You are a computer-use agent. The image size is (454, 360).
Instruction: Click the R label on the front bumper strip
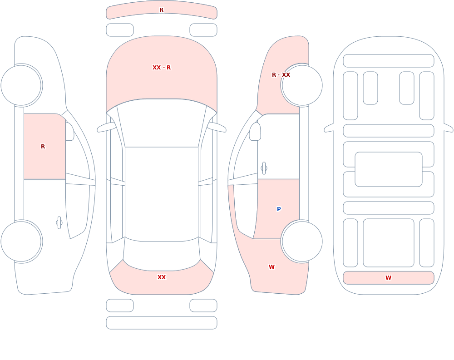(x=161, y=10)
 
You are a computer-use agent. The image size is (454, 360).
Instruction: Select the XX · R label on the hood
(x=162, y=68)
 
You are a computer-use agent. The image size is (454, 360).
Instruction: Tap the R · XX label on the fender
(x=281, y=75)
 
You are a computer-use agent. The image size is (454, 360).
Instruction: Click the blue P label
(x=279, y=209)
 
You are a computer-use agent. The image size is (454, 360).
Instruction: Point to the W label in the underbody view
(x=388, y=278)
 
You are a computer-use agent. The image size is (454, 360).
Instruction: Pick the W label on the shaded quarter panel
(x=271, y=267)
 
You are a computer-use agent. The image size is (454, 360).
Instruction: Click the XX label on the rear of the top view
(x=162, y=277)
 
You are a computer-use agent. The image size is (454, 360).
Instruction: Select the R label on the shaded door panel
(x=43, y=147)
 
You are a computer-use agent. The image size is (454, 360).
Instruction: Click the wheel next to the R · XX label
(x=302, y=85)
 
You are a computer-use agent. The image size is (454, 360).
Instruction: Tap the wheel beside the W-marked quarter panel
(x=302, y=242)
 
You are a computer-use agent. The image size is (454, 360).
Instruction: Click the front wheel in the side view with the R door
(x=21, y=85)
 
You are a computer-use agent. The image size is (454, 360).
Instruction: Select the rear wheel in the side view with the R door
(x=21, y=242)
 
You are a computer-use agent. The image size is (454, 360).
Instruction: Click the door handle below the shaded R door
(x=59, y=223)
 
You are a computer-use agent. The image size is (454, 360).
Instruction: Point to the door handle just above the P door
(x=264, y=168)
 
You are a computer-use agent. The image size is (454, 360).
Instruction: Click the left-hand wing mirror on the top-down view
(x=106, y=128)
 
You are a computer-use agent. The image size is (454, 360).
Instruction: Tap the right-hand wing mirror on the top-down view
(x=217, y=128)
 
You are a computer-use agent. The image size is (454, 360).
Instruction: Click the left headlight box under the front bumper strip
(x=120, y=30)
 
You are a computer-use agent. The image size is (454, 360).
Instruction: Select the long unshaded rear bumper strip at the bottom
(x=162, y=323)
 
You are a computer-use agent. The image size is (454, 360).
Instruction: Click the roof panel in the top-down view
(x=162, y=194)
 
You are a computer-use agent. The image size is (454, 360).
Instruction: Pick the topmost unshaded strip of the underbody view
(x=389, y=61)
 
